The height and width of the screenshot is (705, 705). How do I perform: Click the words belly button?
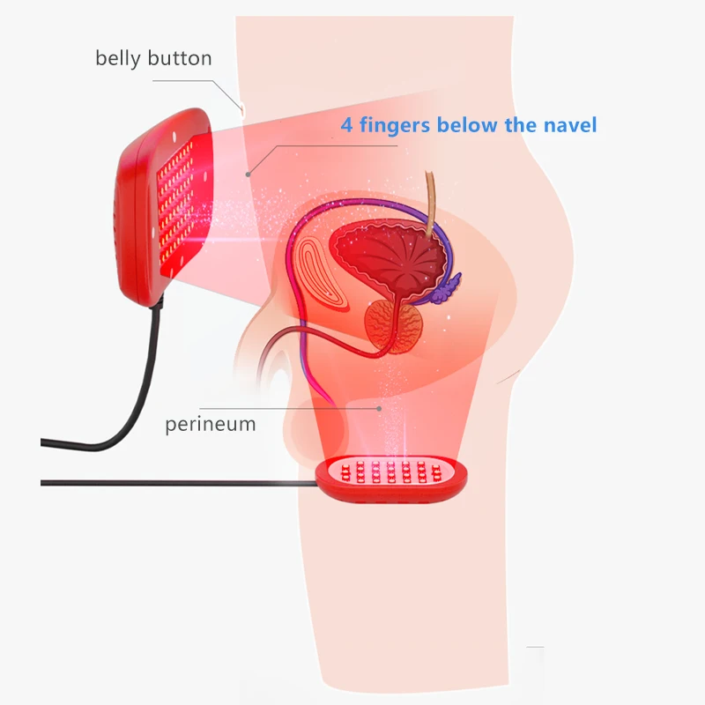click(x=153, y=59)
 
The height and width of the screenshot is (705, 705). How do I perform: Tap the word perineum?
click(x=211, y=424)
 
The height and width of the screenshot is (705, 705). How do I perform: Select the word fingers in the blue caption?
click(x=396, y=125)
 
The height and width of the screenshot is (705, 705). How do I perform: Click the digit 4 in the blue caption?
click(x=346, y=125)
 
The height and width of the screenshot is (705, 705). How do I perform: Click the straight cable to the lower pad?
click(x=176, y=482)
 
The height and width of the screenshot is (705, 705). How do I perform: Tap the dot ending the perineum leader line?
click(x=380, y=408)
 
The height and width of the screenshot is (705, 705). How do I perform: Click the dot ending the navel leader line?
click(x=249, y=174)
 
